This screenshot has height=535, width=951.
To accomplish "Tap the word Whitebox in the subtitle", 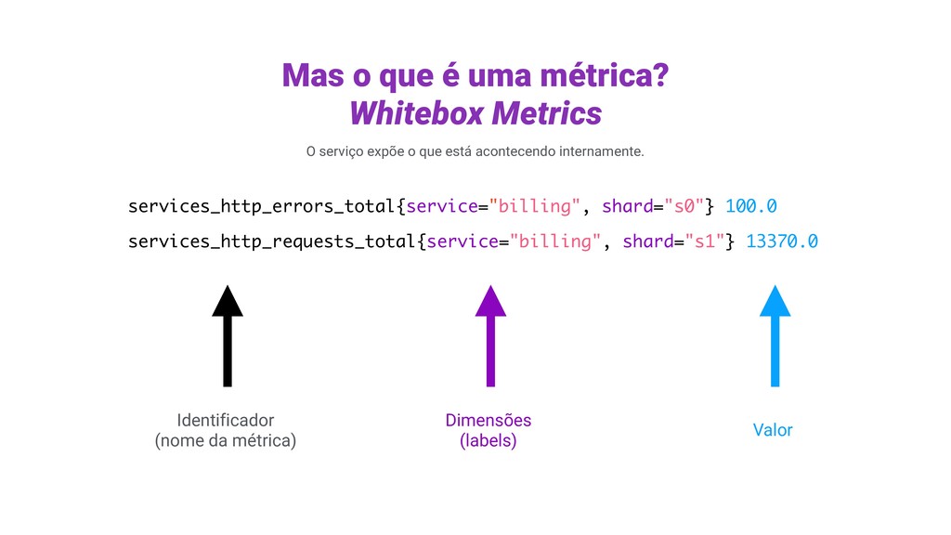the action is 416,113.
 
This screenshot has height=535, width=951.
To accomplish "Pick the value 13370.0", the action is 781,241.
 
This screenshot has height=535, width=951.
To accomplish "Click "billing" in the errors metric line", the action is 540,205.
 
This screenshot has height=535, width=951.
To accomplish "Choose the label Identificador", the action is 225,420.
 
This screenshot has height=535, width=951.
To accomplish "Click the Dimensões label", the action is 489,420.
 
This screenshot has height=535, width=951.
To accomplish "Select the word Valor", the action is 773,430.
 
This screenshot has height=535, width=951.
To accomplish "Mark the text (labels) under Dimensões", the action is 489,441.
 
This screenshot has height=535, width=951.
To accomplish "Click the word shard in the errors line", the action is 627,205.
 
